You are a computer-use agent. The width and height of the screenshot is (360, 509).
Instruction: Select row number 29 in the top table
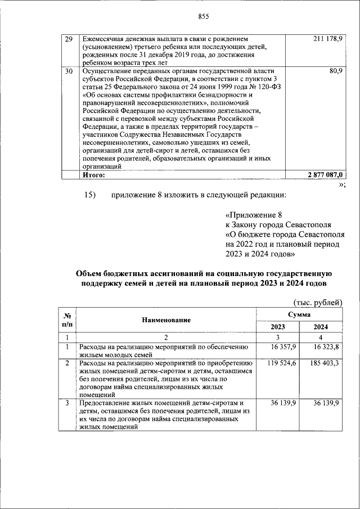coord(69,39)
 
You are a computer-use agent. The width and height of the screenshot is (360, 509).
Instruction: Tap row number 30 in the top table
coord(69,72)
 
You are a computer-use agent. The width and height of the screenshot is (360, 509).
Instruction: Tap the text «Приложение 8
coord(252,215)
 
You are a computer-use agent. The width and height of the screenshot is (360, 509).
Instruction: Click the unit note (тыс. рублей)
coord(318,302)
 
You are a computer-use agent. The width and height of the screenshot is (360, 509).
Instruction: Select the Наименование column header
coord(166,319)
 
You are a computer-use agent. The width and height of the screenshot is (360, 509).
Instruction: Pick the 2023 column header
coord(278,327)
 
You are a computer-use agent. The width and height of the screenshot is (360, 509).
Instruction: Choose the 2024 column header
coord(321,327)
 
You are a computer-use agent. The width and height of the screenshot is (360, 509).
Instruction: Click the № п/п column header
coord(67,319)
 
